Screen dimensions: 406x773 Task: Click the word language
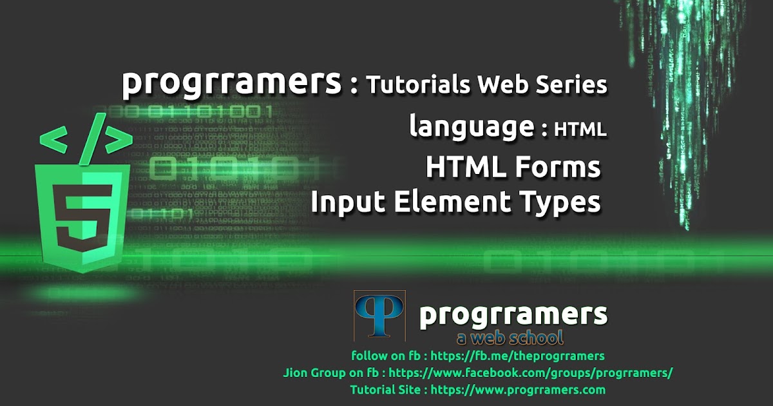472,128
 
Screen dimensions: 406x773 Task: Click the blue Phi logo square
379,316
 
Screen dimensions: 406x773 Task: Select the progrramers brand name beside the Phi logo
513,314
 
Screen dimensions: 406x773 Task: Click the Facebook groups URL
531,372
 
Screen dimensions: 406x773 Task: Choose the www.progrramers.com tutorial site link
518,389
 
